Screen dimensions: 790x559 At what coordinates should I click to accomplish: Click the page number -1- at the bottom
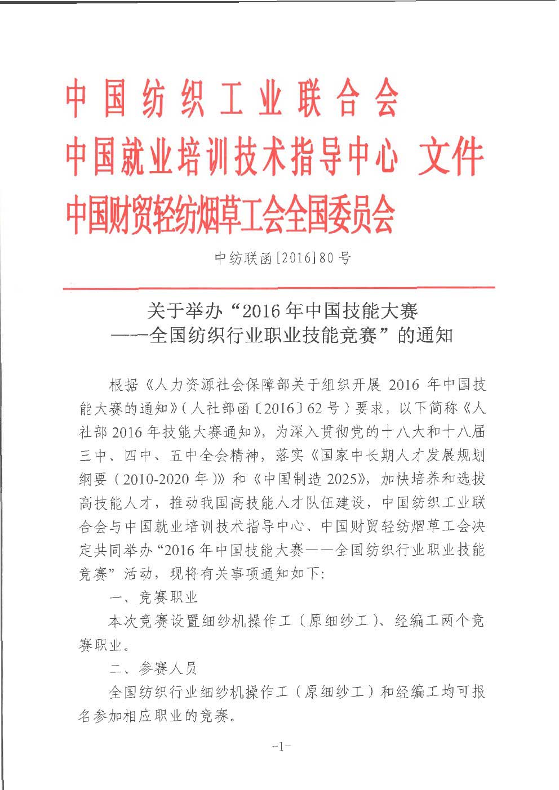(x=281, y=747)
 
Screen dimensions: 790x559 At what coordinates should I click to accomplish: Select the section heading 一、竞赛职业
(x=153, y=597)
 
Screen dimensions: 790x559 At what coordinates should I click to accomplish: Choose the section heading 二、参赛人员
(x=153, y=668)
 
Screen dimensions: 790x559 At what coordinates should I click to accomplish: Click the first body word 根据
(x=123, y=385)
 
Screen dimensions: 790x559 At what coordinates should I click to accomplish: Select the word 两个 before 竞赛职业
(x=447, y=621)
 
